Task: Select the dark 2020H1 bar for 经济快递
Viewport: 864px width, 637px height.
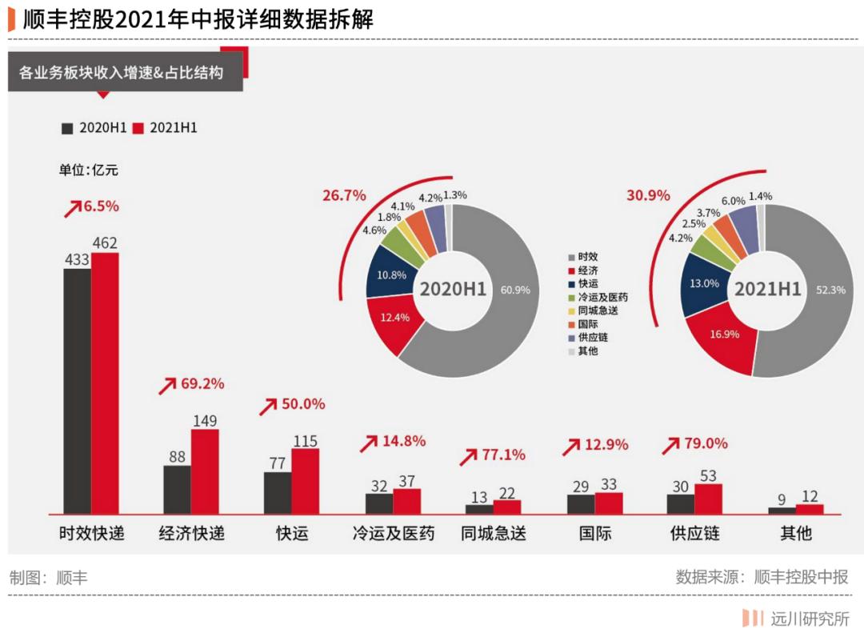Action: [177, 489]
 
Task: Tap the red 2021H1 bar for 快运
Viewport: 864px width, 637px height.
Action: [305, 480]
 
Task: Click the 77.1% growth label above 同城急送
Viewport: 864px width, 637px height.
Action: [503, 455]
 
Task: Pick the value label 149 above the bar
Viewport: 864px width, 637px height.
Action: [205, 421]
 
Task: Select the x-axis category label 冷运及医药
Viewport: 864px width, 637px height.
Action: [394, 533]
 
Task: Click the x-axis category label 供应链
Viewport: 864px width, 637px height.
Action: [694, 533]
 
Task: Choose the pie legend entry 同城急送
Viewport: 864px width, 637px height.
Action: [598, 310]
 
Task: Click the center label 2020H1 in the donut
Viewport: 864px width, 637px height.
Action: [453, 289]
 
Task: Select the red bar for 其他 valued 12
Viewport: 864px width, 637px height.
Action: [810, 509]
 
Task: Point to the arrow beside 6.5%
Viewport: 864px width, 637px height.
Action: [73, 209]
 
